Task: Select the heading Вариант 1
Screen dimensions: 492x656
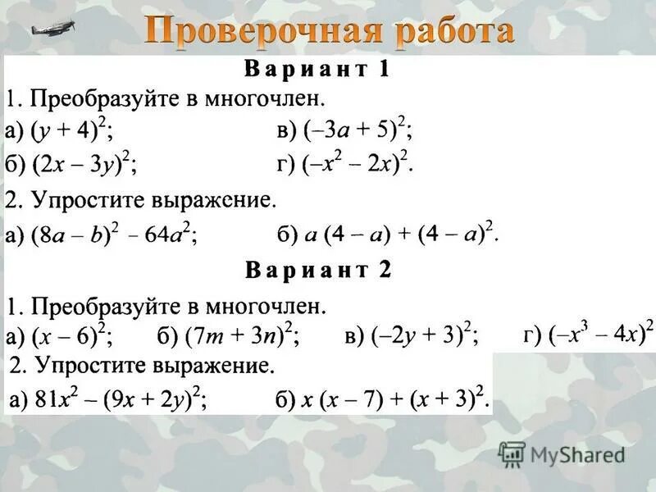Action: pyautogui.click(x=316, y=70)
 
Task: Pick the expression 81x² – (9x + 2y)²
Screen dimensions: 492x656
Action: pyautogui.click(x=121, y=400)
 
